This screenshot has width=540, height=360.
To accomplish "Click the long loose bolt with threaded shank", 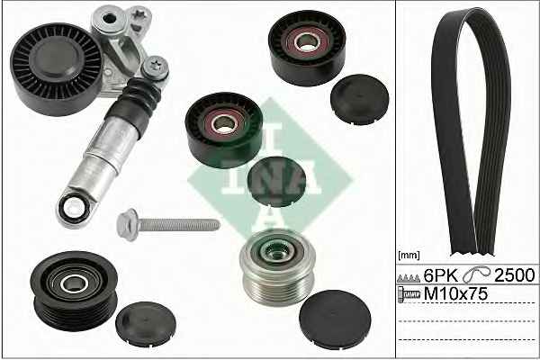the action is pyautogui.click(x=168, y=225).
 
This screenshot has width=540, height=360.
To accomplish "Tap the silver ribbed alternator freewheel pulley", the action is pyautogui.click(x=277, y=267).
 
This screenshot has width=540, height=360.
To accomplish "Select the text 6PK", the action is pyautogui.click(x=441, y=275).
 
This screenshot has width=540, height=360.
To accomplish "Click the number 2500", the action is pyautogui.click(x=515, y=274).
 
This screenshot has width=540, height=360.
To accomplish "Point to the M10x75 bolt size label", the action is pyautogui.click(x=455, y=294).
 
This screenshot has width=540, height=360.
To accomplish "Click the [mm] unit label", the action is pyautogui.click(x=409, y=256).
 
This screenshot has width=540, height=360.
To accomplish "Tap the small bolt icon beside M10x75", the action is pyautogui.click(x=409, y=294).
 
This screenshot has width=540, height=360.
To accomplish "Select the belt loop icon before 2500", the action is pyautogui.click(x=476, y=274).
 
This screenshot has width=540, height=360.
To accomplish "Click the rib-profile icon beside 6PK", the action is pyautogui.click(x=409, y=278).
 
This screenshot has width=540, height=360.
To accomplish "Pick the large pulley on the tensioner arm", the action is pyautogui.click(x=57, y=69).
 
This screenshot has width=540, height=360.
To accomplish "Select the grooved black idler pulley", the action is pyautogui.click(x=74, y=291).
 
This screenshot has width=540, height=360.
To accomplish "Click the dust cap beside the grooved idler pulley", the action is pyautogui.click(x=146, y=324).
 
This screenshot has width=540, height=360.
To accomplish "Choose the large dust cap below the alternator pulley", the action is pyautogui.click(x=335, y=319).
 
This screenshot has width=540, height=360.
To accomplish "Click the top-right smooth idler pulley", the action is pyautogui.click(x=307, y=47).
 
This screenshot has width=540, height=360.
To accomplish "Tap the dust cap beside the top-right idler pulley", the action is pyautogui.click(x=359, y=99).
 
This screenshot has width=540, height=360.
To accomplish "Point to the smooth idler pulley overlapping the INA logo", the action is pyautogui.click(x=224, y=130).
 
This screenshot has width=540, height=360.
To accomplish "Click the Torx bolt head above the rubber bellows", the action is pyautogui.click(x=155, y=67).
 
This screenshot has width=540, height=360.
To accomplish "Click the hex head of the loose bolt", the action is pyautogui.click(x=128, y=224).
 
